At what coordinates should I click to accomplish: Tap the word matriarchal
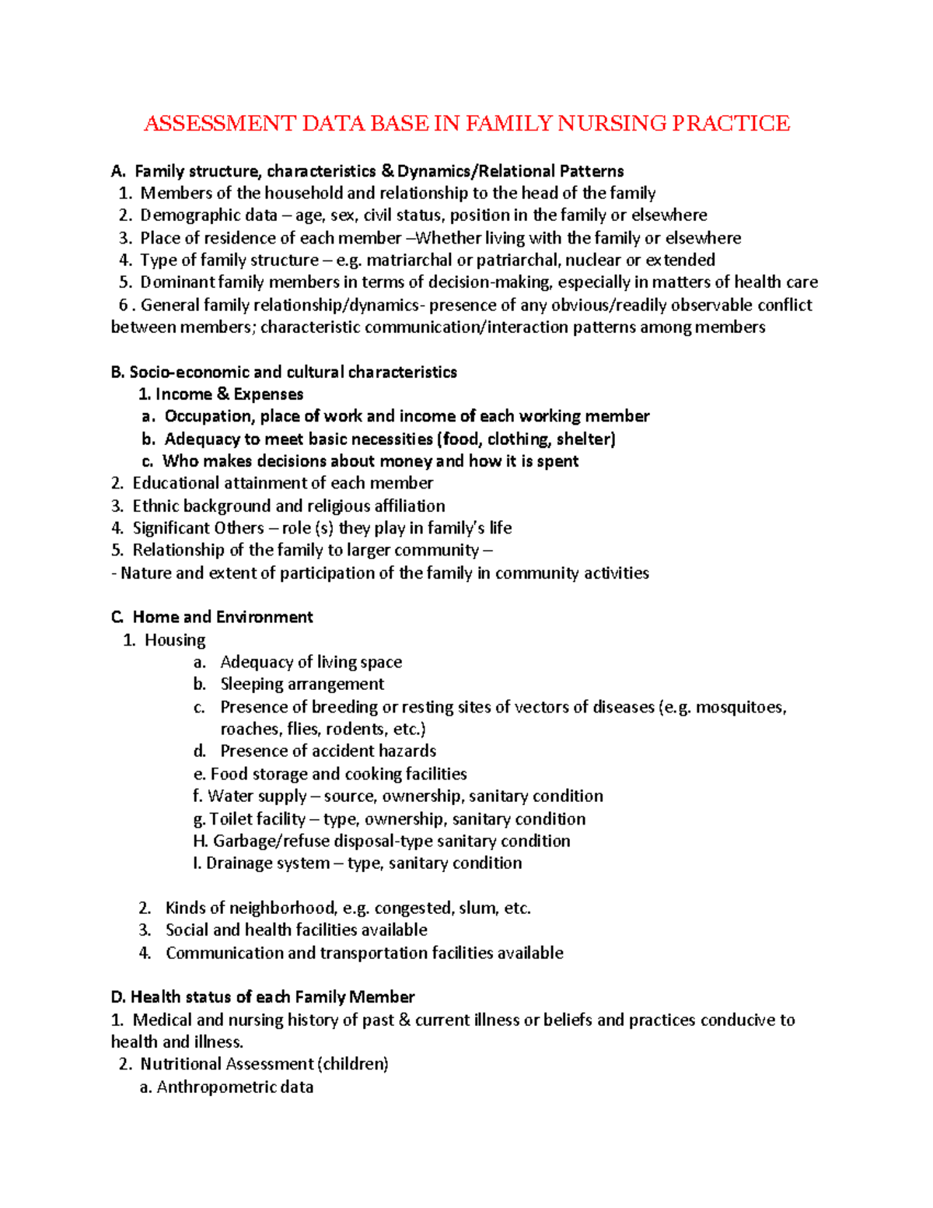pos(409,260)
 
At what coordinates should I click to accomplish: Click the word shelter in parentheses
pos(585,439)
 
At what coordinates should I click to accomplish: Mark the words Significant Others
pos(198,528)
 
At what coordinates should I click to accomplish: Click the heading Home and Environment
pos(222,618)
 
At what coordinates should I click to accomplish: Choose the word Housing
pos(175,640)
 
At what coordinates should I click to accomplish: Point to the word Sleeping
pos(251,685)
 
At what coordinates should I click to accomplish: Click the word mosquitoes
pos(739,708)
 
